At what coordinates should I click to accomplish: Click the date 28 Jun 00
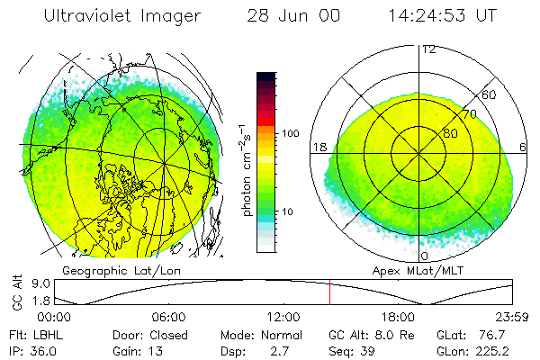tap(281, 16)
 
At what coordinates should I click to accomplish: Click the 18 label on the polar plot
tap(319, 147)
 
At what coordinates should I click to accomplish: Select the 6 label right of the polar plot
tap(523, 147)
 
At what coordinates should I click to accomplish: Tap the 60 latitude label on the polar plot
tap(490, 94)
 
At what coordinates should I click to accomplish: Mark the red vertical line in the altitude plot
tap(329, 292)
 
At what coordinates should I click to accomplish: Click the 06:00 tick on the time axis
tap(168, 317)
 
